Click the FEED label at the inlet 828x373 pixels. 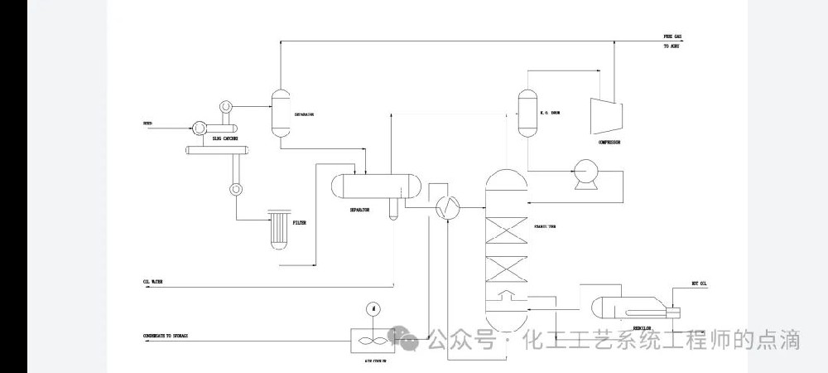[x=147, y=125]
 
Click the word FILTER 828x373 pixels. [x=300, y=222]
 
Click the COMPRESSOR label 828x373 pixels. [x=609, y=143]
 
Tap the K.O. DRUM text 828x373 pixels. [x=551, y=113]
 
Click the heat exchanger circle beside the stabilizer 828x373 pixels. [x=448, y=208]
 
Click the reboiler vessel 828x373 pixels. [x=629, y=309]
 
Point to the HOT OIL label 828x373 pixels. [x=700, y=283]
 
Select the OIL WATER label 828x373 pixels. [x=152, y=282]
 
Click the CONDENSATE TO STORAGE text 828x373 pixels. [x=166, y=336]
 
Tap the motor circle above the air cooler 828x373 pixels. [x=374, y=308]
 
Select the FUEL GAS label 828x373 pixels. [x=672, y=37]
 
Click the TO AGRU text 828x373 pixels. [x=672, y=46]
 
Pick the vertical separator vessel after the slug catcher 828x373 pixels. [x=279, y=113]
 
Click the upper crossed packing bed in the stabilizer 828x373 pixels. [x=505, y=230]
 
